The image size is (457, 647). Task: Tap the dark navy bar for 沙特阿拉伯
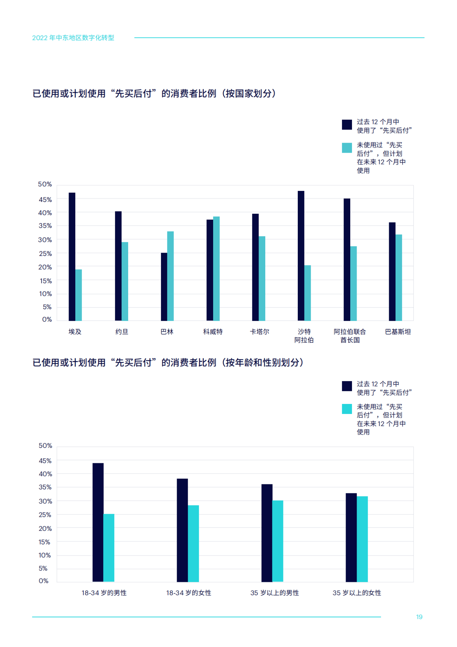[x=301, y=256]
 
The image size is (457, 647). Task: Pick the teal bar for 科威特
[x=216, y=268]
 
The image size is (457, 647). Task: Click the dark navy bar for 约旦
[x=118, y=266]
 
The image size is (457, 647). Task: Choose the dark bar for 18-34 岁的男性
[x=98, y=522]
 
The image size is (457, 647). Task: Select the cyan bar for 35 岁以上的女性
[x=362, y=539]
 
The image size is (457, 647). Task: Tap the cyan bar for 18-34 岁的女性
[x=193, y=543]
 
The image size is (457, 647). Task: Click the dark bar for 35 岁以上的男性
[x=267, y=533]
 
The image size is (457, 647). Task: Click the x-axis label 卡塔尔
[x=260, y=332]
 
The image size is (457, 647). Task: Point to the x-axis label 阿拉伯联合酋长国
[x=350, y=336]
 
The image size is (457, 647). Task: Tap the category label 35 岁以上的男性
[x=275, y=593]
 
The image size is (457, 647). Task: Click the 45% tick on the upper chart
[x=45, y=199]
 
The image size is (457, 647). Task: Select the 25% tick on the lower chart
[x=45, y=515]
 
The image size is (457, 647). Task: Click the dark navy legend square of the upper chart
[x=347, y=124]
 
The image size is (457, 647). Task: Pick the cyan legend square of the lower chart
[x=347, y=409]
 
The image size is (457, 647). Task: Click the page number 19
[x=419, y=617]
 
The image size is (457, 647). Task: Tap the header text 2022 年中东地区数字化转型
[x=73, y=38]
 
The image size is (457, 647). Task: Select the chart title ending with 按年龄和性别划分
[x=168, y=362]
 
